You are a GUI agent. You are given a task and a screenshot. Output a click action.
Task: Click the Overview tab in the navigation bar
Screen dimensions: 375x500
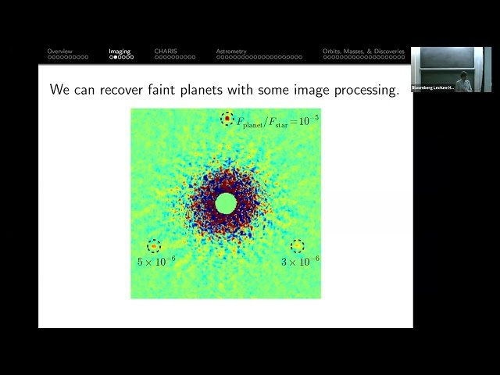point(59,52)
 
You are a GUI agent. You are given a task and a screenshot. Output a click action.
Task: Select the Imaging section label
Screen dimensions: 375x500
point(120,52)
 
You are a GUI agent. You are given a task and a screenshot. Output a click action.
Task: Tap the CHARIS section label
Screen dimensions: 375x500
point(166,52)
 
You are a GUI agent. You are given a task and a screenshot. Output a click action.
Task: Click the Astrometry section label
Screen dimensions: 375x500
point(231,52)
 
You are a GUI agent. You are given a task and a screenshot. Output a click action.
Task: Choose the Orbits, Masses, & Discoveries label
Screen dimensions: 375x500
point(363,52)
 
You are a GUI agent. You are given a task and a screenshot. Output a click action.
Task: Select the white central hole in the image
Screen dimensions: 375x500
point(226,203)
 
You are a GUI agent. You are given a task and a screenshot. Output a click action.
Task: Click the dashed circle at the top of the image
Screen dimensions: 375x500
point(227,119)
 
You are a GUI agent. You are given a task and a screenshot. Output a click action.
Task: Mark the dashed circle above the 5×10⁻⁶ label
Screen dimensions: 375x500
point(153,246)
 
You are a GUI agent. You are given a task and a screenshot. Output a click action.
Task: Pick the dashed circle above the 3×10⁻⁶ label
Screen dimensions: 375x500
point(298,246)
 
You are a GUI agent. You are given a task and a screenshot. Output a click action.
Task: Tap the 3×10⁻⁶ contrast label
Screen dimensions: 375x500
point(300,262)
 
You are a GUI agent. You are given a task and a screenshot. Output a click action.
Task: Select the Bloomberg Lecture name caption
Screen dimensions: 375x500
point(432,87)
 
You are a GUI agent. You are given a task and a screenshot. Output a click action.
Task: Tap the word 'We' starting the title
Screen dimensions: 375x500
point(60,90)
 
